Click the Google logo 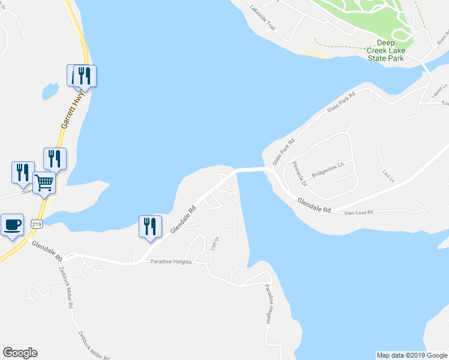pos(20,353)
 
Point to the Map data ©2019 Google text pos(411,355)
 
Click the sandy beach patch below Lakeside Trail pos(317,55)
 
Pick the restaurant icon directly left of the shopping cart pos(23,172)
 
